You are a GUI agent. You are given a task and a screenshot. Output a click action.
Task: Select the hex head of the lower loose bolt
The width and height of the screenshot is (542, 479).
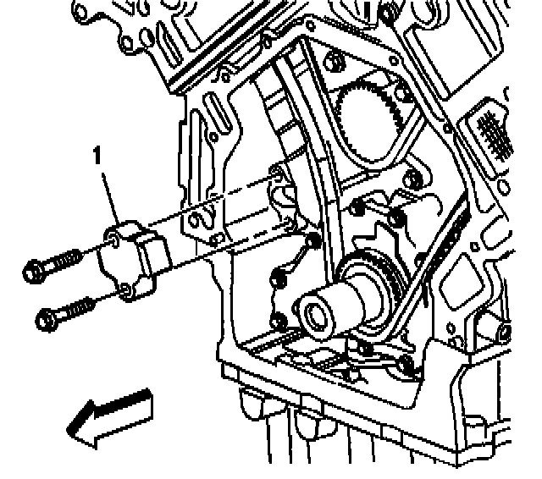pos(47,319)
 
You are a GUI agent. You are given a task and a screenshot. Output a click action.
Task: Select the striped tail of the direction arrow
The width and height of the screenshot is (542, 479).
pos(135,405)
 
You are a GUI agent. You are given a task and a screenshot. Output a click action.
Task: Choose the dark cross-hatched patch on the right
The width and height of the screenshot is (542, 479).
pos(489,131)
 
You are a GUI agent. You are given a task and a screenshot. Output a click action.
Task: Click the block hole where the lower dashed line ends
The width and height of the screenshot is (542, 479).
pos(290,224)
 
